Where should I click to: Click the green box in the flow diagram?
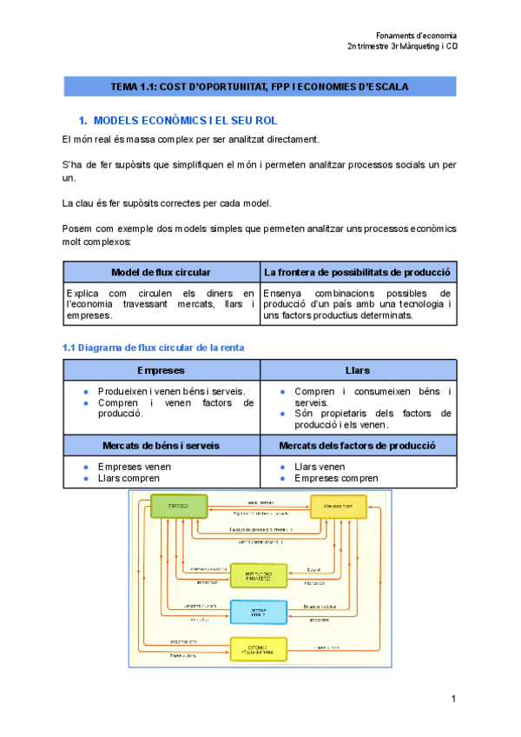[x=179, y=506]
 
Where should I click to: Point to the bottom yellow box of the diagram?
[x=259, y=649]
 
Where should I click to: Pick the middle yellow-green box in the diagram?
[x=259, y=575]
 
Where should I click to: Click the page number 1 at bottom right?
[x=453, y=699]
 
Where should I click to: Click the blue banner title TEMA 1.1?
[x=260, y=87]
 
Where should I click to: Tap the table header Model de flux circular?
[x=162, y=273]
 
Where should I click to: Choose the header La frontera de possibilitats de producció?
[x=358, y=273]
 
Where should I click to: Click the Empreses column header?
[x=162, y=370]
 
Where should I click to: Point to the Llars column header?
[x=358, y=370]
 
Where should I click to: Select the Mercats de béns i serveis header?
[x=162, y=445]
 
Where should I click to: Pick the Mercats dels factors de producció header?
[x=358, y=445]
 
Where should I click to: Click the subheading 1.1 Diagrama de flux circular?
[x=154, y=348]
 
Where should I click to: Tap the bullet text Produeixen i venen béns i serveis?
[x=165, y=391]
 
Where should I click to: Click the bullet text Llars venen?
[x=320, y=467]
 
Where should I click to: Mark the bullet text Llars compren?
[x=129, y=478]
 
